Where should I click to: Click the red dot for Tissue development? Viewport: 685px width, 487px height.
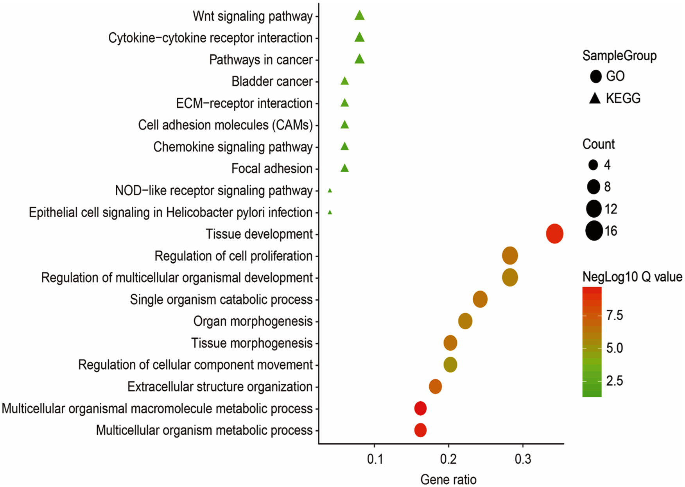(x=554, y=234)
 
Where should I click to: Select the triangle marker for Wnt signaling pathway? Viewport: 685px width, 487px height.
(x=359, y=16)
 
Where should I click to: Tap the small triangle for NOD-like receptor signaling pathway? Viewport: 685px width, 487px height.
(x=330, y=191)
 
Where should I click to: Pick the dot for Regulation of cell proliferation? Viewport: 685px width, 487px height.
(x=510, y=256)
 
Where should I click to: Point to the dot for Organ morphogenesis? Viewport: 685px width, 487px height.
(x=465, y=321)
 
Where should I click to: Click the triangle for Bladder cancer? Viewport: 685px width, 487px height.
(x=344, y=81)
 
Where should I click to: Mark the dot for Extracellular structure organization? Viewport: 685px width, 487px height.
(x=436, y=387)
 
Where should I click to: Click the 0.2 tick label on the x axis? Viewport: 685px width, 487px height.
(x=448, y=459)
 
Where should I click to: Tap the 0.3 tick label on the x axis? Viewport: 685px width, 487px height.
(x=523, y=459)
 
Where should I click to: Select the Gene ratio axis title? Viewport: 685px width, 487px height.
(x=448, y=480)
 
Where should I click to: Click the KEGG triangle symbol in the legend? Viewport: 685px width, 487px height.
(x=595, y=98)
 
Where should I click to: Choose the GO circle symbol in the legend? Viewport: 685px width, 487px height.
(x=595, y=76)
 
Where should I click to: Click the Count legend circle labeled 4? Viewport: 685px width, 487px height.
(x=593, y=165)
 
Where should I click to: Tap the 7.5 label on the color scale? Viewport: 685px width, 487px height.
(x=615, y=315)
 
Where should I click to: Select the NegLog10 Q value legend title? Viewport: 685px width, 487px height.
(x=632, y=277)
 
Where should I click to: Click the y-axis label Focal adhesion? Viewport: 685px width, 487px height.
(x=272, y=169)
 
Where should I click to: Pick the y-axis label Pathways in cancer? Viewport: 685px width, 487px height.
(x=261, y=60)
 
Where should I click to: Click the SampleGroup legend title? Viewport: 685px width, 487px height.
(x=619, y=56)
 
